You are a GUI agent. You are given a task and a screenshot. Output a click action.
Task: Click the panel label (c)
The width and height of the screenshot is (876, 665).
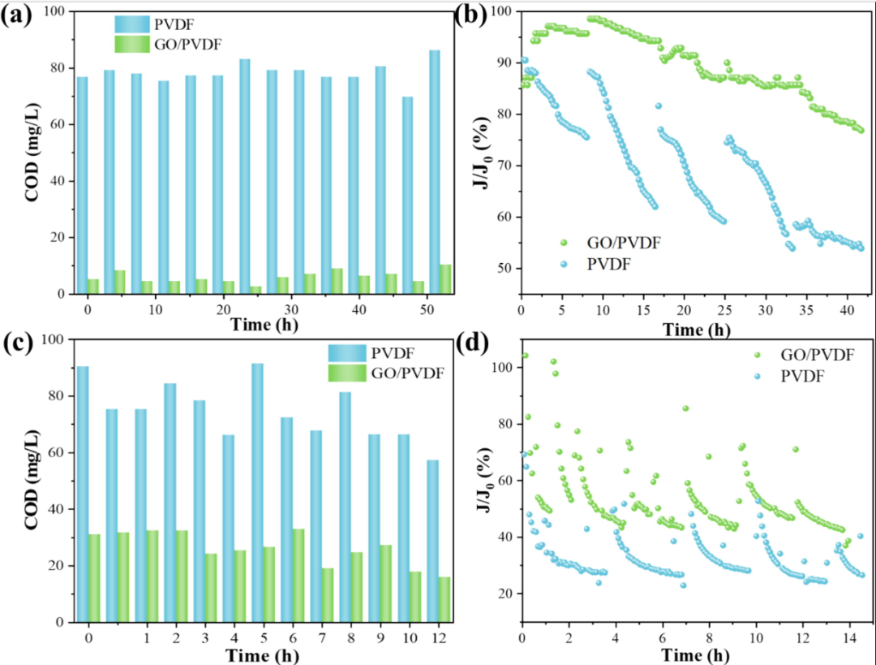[19, 342]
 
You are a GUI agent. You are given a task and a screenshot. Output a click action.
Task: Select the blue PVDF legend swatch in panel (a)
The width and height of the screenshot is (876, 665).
[132, 22]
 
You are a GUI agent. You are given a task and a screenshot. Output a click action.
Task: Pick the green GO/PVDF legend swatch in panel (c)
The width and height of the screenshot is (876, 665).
[346, 373]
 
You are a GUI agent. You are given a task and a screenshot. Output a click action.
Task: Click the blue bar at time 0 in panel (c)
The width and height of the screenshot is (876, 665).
[83, 494]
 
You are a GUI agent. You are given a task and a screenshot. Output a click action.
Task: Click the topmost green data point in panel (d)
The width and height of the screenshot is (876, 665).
[525, 356]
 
